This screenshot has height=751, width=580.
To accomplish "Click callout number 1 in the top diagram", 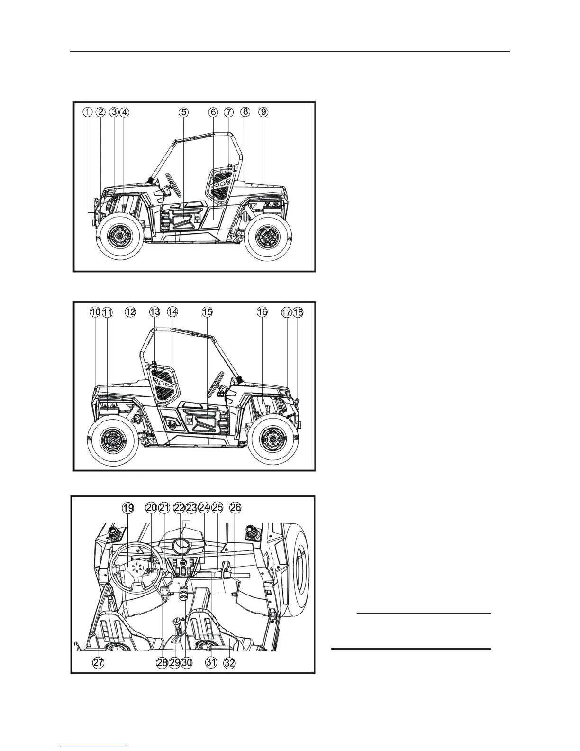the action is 88,112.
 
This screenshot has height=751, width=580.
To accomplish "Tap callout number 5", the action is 183,112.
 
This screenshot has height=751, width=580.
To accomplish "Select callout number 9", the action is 263,112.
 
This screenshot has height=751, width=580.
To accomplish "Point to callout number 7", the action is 229,112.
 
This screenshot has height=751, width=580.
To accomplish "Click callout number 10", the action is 95,312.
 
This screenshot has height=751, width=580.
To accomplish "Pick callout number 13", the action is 155,312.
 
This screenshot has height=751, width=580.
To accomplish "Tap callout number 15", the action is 207,312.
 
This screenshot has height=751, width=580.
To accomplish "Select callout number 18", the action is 298,312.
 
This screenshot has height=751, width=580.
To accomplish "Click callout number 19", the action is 128,508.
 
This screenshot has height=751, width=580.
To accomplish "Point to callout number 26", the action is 236,508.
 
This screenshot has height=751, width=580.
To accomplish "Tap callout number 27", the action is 98,663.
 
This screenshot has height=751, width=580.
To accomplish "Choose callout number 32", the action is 229,663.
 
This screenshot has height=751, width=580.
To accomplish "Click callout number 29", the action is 174,663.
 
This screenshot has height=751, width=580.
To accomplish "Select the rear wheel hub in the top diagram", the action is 268,235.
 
